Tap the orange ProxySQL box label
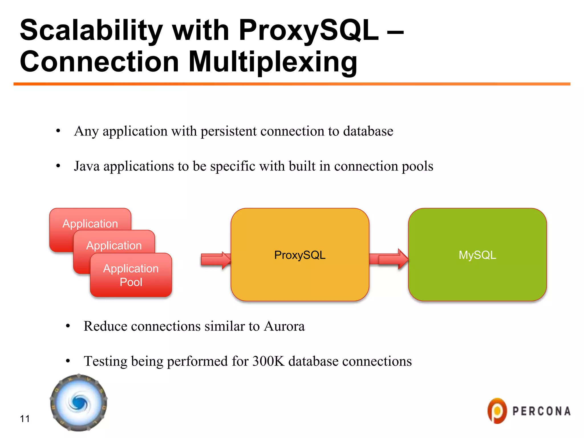pyautogui.click(x=300, y=255)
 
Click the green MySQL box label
pyautogui.click(x=477, y=255)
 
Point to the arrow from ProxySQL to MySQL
pyautogui.click(x=389, y=259)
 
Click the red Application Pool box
pyautogui.click(x=131, y=275)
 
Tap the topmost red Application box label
pyautogui.click(x=90, y=224)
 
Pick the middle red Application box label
pyautogui.click(x=114, y=246)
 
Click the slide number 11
pyautogui.click(x=25, y=419)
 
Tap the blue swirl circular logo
pyautogui.click(x=79, y=403)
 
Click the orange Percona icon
pyautogui.click(x=497, y=411)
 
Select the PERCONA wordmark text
pyautogui.click(x=541, y=411)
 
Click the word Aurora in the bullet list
pyautogui.click(x=284, y=326)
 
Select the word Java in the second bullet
pyautogui.click(x=87, y=166)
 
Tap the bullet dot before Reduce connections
pyautogui.click(x=68, y=326)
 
